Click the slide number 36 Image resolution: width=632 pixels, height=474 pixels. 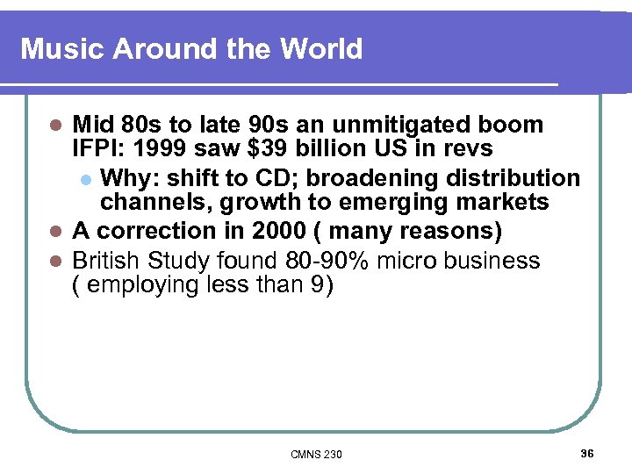point(587,453)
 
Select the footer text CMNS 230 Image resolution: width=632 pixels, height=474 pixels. point(317,454)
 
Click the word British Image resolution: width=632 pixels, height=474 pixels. point(107,260)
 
